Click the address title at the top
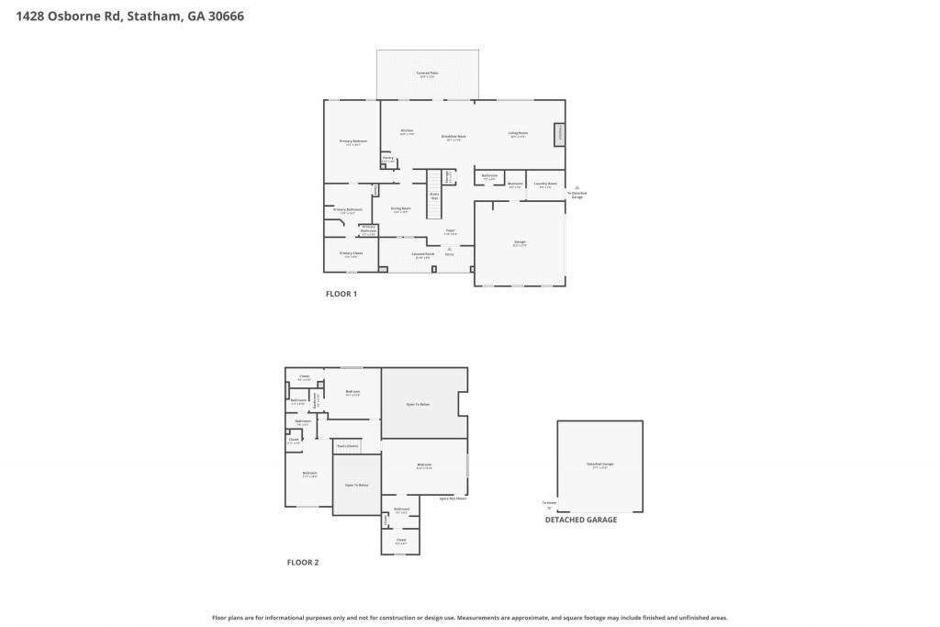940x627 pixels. pyautogui.click(x=129, y=16)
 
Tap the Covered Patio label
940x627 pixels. pyautogui.click(x=427, y=73)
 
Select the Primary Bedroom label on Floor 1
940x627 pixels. pyautogui.click(x=353, y=141)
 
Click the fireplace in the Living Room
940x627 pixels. pyautogui.click(x=557, y=135)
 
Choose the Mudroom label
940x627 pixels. pyautogui.click(x=515, y=184)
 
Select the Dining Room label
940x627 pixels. pyautogui.click(x=400, y=209)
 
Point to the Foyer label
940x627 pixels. pyautogui.click(x=450, y=231)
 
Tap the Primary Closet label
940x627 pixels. pyautogui.click(x=351, y=253)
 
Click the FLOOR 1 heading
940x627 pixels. pyautogui.click(x=341, y=295)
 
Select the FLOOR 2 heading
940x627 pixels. pyautogui.click(x=303, y=562)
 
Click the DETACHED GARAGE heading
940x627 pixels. pyautogui.click(x=581, y=520)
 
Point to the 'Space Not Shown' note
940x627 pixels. pyautogui.click(x=453, y=498)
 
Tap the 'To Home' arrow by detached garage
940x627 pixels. pyautogui.click(x=549, y=504)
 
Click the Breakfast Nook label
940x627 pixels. pyautogui.click(x=455, y=138)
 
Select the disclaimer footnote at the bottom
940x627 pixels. pyautogui.click(x=470, y=618)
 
